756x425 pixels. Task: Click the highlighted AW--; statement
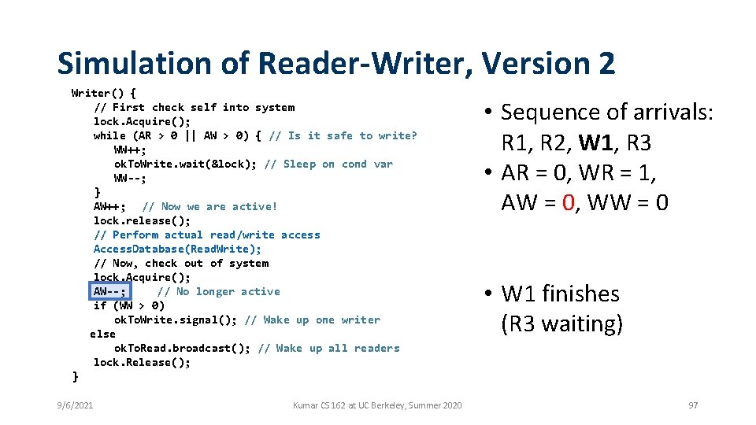pos(109,291)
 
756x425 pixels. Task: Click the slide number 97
pos(693,405)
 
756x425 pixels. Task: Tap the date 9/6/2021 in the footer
pos(75,405)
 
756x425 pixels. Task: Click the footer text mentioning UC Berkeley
pos(377,405)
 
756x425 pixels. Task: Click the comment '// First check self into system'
pos(194,107)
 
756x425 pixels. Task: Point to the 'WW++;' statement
pos(130,150)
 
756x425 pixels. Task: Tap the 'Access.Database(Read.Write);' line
pos(177,249)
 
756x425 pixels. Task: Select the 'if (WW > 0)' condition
pos(129,305)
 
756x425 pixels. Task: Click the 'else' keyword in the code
pos(102,334)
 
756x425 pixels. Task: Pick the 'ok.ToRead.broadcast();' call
pos(182,348)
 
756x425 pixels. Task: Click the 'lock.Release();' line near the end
pos(142,362)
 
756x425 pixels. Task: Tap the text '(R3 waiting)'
pos(562,323)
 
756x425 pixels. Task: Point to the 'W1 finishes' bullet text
pos(560,294)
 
